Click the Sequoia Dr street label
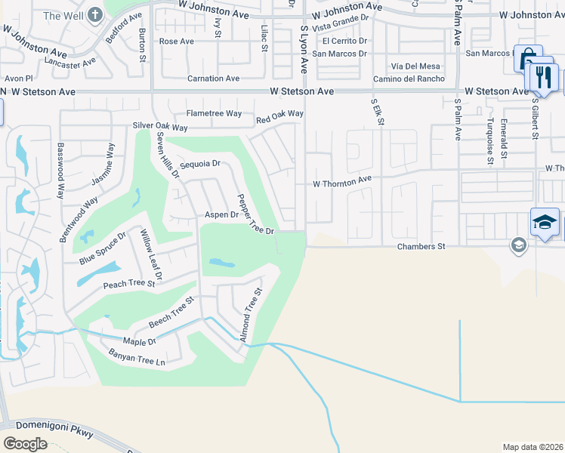pos(200,163)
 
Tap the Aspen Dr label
pos(222,215)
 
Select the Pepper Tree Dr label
pos(255,215)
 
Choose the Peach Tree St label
pos(129,285)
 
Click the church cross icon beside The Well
pos(95,14)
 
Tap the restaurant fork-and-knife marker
pos(542,76)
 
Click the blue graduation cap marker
pos(545,222)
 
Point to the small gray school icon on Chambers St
pos(518,244)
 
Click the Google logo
pos(25,443)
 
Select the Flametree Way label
pos(214,113)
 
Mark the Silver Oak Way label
pos(160,126)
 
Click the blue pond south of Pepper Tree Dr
pos(221,263)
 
